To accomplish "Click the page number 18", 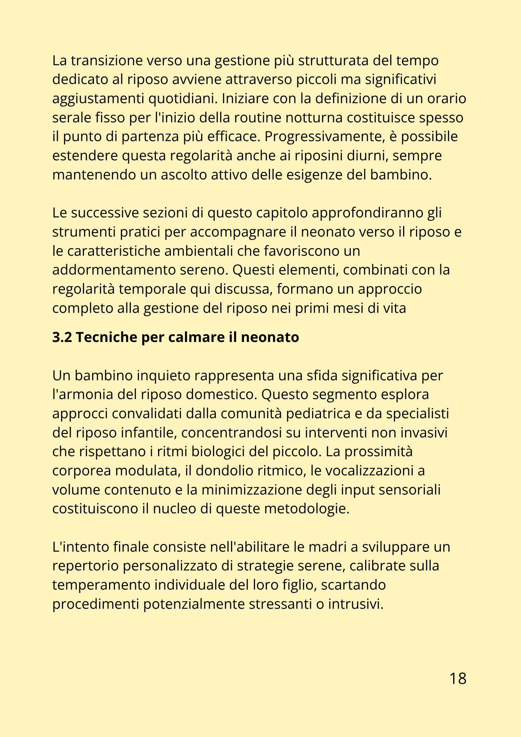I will click(x=458, y=678).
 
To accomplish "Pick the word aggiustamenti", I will click(x=98, y=99).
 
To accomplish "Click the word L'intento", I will click(x=80, y=547).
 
